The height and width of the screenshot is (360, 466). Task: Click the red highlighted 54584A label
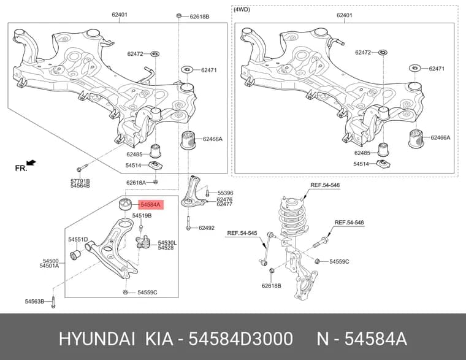(151, 204)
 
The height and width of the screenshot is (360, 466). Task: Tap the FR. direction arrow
(31, 163)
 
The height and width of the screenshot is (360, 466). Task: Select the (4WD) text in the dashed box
(242, 10)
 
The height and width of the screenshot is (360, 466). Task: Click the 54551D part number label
(78, 239)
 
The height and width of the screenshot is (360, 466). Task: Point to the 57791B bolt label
(80, 181)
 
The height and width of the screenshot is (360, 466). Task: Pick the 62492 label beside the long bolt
(207, 228)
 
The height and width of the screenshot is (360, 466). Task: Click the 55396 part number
(225, 193)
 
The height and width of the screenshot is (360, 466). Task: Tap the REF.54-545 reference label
(242, 233)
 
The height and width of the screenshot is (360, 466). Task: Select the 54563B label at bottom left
(34, 302)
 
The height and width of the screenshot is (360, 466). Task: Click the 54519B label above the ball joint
(142, 215)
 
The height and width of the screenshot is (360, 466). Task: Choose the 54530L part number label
(167, 243)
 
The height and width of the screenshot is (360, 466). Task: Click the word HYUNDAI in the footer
(97, 339)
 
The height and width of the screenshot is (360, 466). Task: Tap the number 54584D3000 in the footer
(241, 339)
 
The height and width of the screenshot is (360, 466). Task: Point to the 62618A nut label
(136, 183)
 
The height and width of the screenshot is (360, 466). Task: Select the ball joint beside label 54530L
(142, 242)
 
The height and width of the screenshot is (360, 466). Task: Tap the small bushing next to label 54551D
(75, 255)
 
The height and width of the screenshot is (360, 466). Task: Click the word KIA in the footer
(159, 339)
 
